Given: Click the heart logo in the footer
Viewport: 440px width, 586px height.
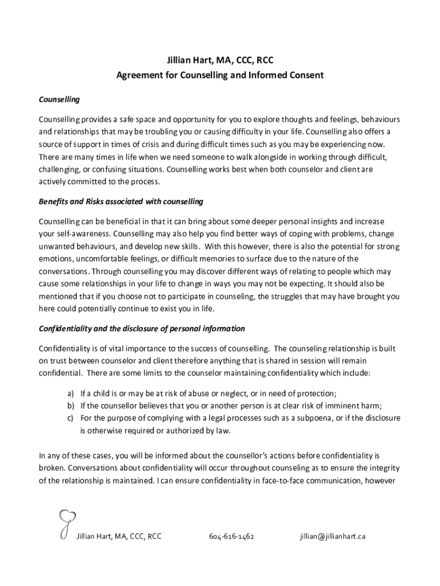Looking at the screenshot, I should tap(63, 524).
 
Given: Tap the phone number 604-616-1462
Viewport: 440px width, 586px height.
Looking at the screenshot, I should tap(231, 537).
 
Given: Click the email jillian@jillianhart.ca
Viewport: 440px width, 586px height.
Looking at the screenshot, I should tap(332, 537).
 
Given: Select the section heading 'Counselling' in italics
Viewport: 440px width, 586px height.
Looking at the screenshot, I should tap(59, 100).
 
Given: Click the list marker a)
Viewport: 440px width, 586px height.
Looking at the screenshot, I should tap(71, 393).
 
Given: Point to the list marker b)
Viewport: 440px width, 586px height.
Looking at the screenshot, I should tap(71, 406).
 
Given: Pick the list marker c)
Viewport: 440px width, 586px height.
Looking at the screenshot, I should tap(71, 418).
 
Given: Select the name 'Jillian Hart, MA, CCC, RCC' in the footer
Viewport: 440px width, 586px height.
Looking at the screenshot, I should tap(119, 537).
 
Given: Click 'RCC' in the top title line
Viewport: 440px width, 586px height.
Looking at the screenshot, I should tap(268, 60).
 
